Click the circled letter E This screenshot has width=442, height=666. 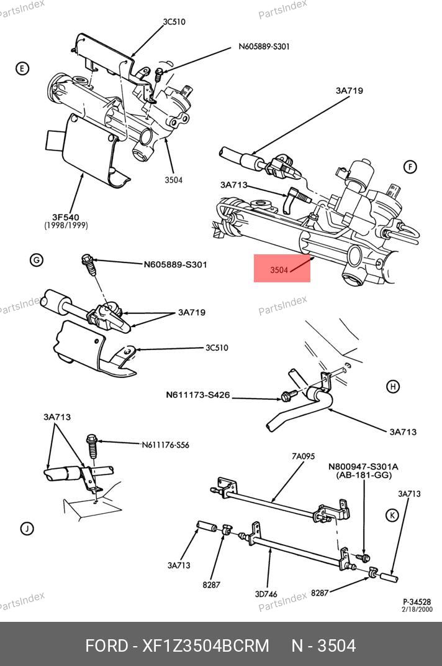[x=22, y=68]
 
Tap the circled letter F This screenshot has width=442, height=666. [x=409, y=167]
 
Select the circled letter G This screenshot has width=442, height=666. [x=37, y=260]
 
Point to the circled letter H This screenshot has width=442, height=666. [x=392, y=387]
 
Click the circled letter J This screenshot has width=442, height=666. [x=27, y=529]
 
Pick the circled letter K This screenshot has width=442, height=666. [x=392, y=515]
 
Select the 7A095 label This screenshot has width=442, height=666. [x=303, y=456]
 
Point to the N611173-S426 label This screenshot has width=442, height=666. [x=197, y=394]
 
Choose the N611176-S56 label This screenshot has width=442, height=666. [x=165, y=445]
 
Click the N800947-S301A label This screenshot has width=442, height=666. [x=354, y=466]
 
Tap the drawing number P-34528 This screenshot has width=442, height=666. [x=417, y=601]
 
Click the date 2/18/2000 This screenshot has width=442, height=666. [x=417, y=609]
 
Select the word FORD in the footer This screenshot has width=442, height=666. [x=106, y=645]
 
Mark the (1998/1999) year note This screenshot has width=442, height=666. [x=66, y=225]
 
